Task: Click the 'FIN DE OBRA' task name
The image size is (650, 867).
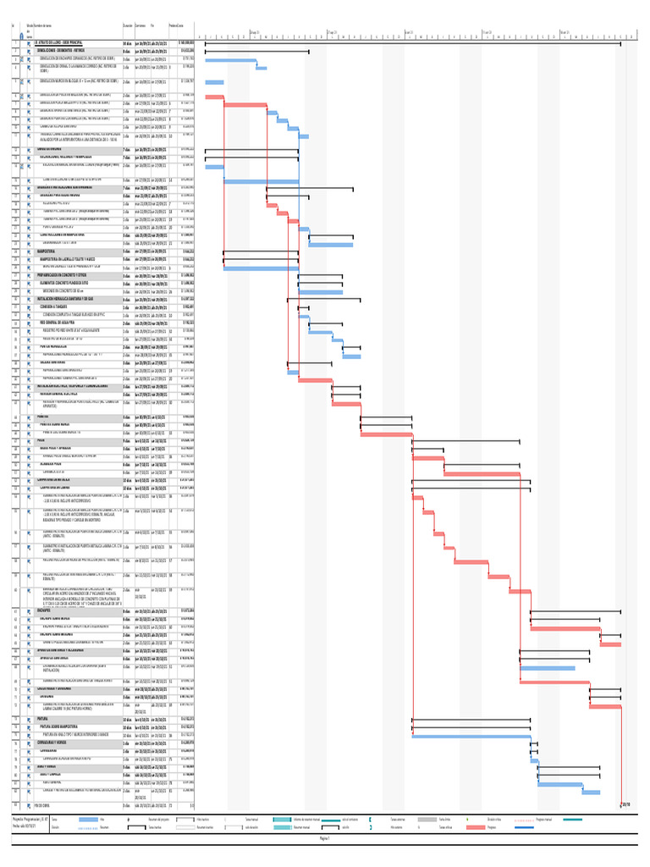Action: click(43, 805)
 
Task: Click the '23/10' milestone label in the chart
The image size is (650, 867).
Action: click(625, 805)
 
